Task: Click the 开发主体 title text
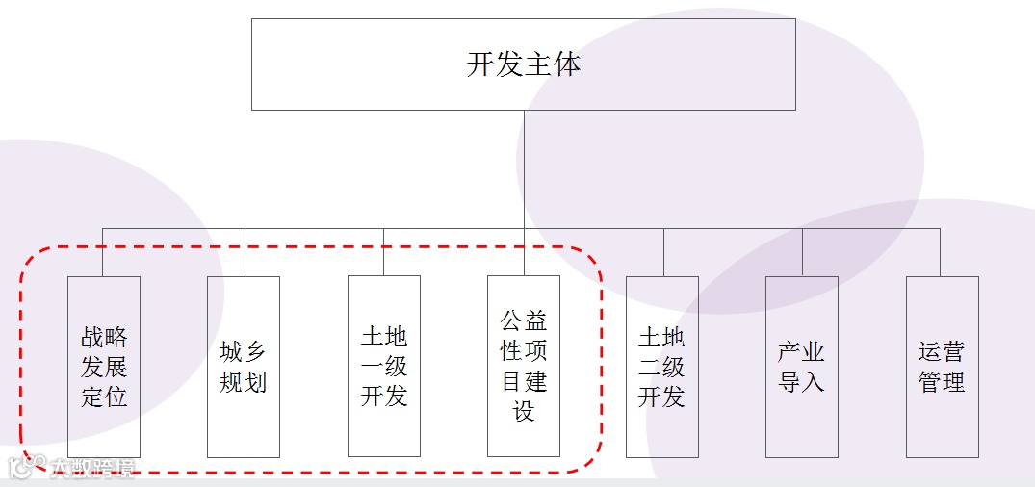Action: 524,64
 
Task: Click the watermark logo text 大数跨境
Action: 92,468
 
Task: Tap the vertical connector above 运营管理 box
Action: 941,252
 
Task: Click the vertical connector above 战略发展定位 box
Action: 103,252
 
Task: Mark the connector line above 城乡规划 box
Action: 246,252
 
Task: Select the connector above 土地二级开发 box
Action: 663,252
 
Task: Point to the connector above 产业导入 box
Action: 802,252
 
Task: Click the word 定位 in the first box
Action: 104,396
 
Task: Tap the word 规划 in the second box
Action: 244,382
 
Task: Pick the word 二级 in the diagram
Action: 662,367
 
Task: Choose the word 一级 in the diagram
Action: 384,367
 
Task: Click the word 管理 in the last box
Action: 942,382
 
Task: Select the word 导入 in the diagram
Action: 802,382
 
